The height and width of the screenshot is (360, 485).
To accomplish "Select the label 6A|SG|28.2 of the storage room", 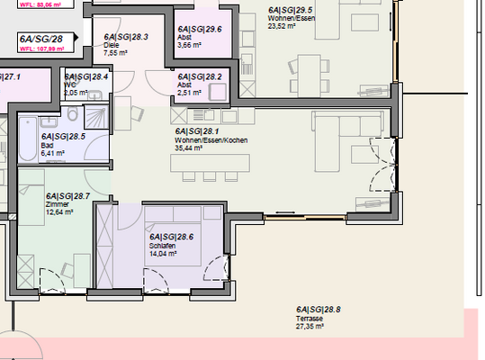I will (x=199, y=77).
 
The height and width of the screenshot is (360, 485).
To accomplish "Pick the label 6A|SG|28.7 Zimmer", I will (x=67, y=195).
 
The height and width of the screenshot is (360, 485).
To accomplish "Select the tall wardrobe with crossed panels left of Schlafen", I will (x=104, y=245).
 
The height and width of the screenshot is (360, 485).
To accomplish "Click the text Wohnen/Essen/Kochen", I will (x=211, y=141).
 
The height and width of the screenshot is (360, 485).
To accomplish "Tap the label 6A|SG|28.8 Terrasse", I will (x=319, y=309).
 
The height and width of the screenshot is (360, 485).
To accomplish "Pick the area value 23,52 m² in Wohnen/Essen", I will (x=286, y=25).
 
